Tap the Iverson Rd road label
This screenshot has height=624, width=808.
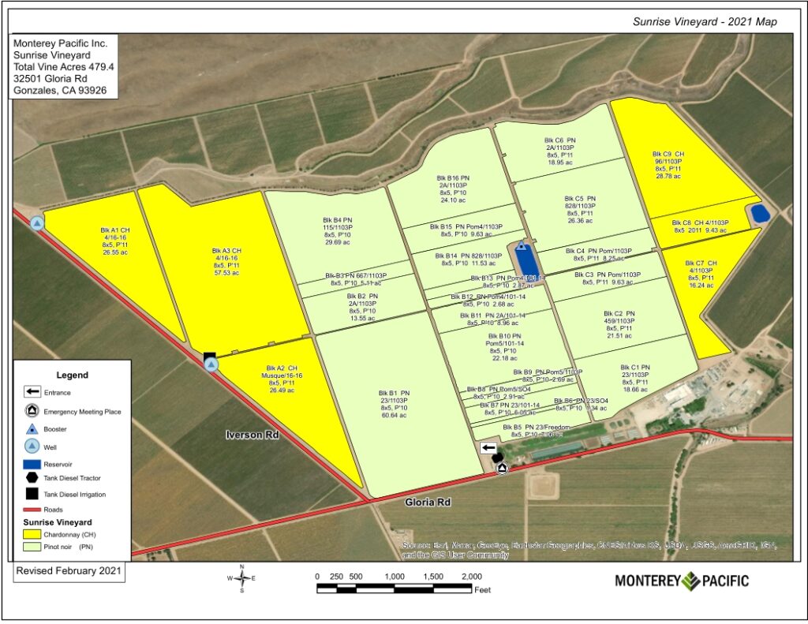point(253,435)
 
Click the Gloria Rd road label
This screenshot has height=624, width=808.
point(427,503)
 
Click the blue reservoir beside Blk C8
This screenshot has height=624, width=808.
point(760,214)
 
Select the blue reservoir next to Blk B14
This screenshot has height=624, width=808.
point(523,258)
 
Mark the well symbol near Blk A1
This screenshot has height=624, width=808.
point(37,223)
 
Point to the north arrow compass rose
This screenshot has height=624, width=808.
point(241,579)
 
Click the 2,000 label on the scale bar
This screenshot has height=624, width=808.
point(470,576)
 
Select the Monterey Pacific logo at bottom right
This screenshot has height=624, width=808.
point(682,581)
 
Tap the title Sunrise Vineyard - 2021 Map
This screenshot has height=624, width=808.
point(705,21)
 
